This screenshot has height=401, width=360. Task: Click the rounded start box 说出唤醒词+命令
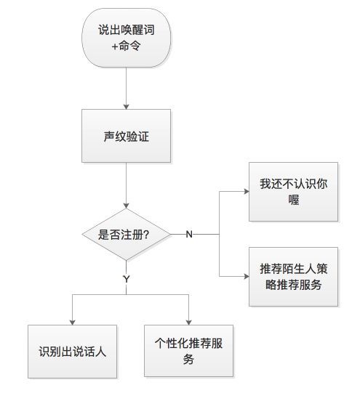point(126,38)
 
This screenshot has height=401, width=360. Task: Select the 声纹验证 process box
point(126,136)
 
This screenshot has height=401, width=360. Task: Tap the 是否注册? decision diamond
point(126,234)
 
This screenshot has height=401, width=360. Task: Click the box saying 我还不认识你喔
point(293,192)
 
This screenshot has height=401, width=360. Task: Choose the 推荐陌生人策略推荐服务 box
point(293,277)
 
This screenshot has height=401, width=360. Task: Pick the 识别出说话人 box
point(72,352)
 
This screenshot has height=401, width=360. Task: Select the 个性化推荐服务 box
point(188,351)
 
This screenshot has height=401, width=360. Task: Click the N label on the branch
point(189,234)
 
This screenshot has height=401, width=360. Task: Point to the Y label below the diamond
point(127,279)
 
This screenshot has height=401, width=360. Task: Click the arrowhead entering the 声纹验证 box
point(126,107)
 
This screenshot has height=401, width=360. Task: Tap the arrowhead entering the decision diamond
point(126,206)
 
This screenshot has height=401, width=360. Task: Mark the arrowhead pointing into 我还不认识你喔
point(247,191)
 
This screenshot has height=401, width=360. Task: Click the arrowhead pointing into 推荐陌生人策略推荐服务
point(247,276)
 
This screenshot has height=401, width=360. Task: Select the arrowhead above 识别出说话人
point(73,323)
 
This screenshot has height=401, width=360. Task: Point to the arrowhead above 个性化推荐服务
point(188,323)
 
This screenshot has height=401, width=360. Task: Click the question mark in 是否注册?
point(146,235)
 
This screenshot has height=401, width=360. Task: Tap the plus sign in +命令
point(115,46)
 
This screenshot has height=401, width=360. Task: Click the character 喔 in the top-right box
point(293,200)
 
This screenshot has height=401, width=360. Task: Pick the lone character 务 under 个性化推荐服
point(188,359)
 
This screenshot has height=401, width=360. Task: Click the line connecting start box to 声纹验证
point(126,87)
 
